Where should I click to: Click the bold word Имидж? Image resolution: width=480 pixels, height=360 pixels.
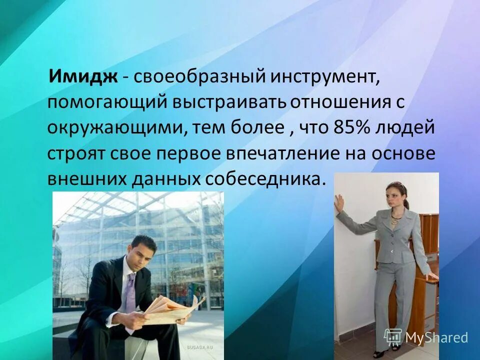click(x=82, y=77)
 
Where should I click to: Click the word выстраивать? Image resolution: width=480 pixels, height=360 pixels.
click(x=229, y=103)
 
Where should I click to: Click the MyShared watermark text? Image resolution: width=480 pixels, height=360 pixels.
click(x=436, y=337)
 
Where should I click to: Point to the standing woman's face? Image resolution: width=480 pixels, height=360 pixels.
click(x=392, y=195)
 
